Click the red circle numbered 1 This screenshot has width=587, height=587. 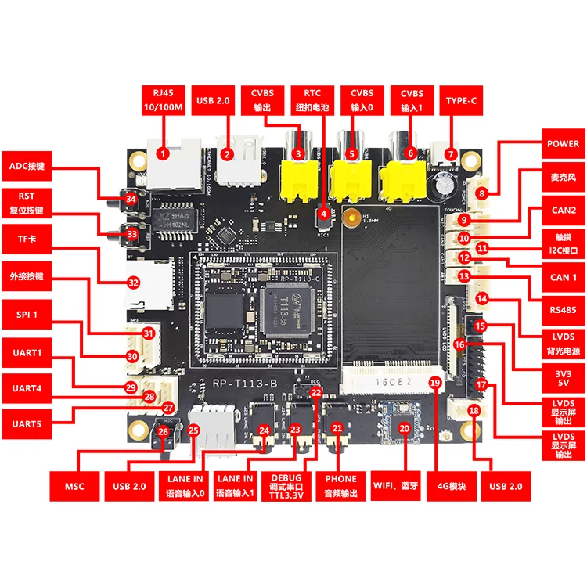163,153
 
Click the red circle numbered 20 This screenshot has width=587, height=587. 404,428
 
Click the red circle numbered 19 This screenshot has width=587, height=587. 435,381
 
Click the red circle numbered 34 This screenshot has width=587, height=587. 131,201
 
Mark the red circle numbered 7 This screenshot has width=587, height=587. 450,153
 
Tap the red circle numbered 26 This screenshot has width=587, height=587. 163,431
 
